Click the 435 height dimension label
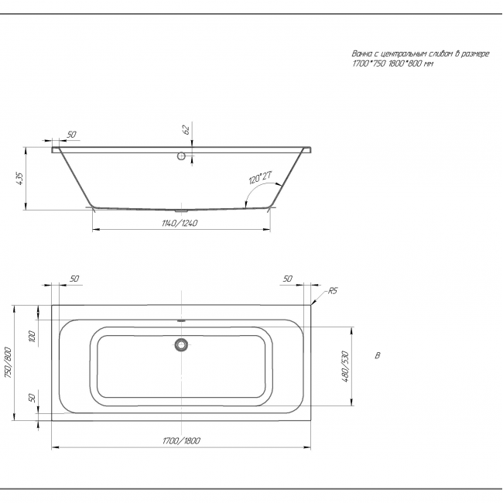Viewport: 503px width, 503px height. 19,179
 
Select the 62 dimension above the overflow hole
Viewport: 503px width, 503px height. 186,129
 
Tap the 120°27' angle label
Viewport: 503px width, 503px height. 260,178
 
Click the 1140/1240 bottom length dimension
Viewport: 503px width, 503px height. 180,224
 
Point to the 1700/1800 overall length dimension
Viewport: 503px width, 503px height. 181,441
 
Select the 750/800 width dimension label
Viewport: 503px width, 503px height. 8,363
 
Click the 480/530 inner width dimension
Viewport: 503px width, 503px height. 345,367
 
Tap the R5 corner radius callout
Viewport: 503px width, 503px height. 333,291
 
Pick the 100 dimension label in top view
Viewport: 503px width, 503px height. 32,336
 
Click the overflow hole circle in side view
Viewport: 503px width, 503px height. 181,156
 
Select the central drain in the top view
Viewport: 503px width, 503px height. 182,345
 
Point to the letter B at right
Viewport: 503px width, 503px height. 378,356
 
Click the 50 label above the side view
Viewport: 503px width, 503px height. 71,135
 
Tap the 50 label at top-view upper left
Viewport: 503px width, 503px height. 74,279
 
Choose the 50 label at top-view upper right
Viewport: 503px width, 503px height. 288,279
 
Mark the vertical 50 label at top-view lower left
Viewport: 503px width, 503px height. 32,398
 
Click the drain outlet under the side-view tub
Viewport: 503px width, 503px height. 182,211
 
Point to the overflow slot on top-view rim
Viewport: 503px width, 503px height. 182,320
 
